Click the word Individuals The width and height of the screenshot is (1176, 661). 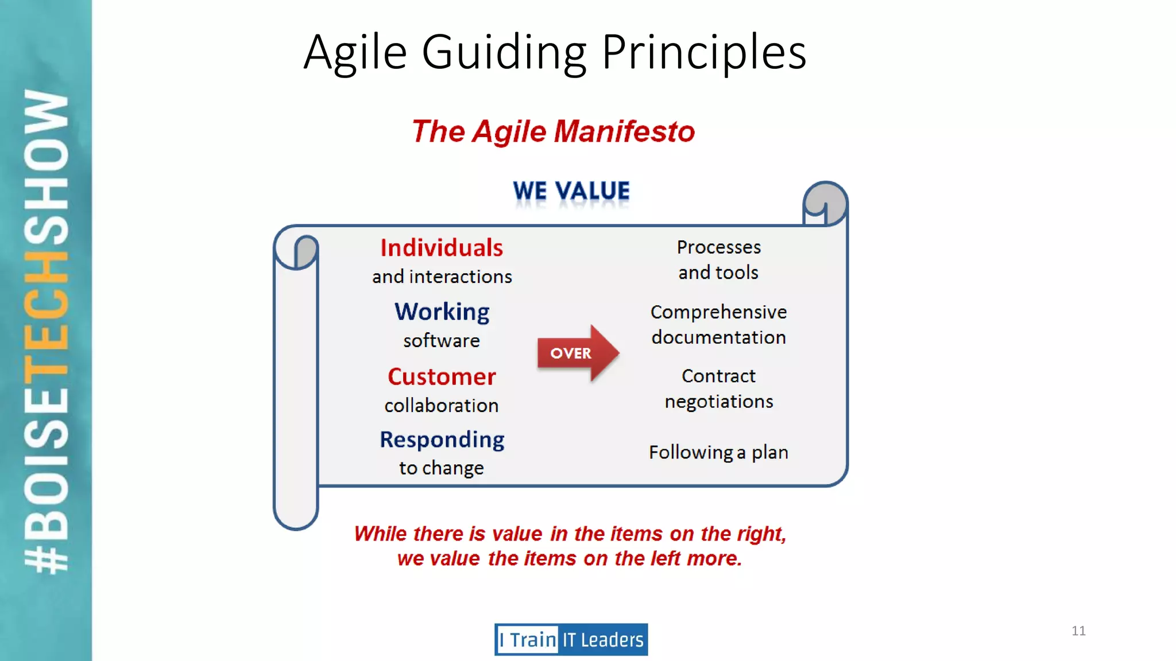coord(442,248)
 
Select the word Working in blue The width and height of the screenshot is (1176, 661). coord(442,312)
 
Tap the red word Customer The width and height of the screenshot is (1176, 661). coord(442,377)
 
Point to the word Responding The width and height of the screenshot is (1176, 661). coord(442,440)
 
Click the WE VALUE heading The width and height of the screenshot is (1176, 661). coord(571,191)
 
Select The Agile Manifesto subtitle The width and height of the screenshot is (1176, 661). coord(553,131)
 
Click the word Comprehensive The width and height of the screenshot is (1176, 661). coord(718,312)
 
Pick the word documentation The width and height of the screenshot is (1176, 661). coord(718,337)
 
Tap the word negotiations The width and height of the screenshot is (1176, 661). coord(718,402)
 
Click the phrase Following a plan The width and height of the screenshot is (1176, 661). coord(718,453)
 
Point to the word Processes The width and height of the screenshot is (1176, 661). coord(718,247)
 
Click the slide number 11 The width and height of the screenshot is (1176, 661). coord(1078,631)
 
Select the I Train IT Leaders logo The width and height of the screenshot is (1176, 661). coord(571,639)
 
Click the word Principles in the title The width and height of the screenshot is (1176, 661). coord(704,53)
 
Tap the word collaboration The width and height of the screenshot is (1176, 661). coord(442,406)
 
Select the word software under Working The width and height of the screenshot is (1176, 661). coord(442,341)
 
